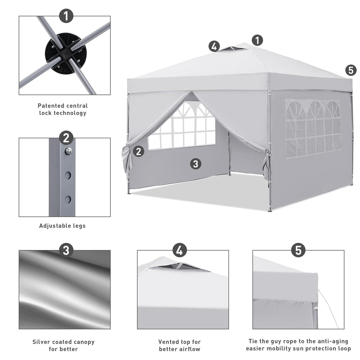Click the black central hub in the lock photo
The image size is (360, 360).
(x=65, y=55)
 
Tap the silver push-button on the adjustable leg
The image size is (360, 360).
(x=68, y=151)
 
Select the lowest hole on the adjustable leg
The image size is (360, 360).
(x=68, y=199)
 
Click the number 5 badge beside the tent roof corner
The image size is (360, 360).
(x=351, y=70)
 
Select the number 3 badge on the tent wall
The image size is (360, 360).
(x=195, y=163)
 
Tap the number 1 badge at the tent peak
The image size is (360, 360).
(x=257, y=40)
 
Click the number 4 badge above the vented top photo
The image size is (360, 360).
(x=179, y=251)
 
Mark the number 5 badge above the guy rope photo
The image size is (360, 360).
(x=299, y=251)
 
